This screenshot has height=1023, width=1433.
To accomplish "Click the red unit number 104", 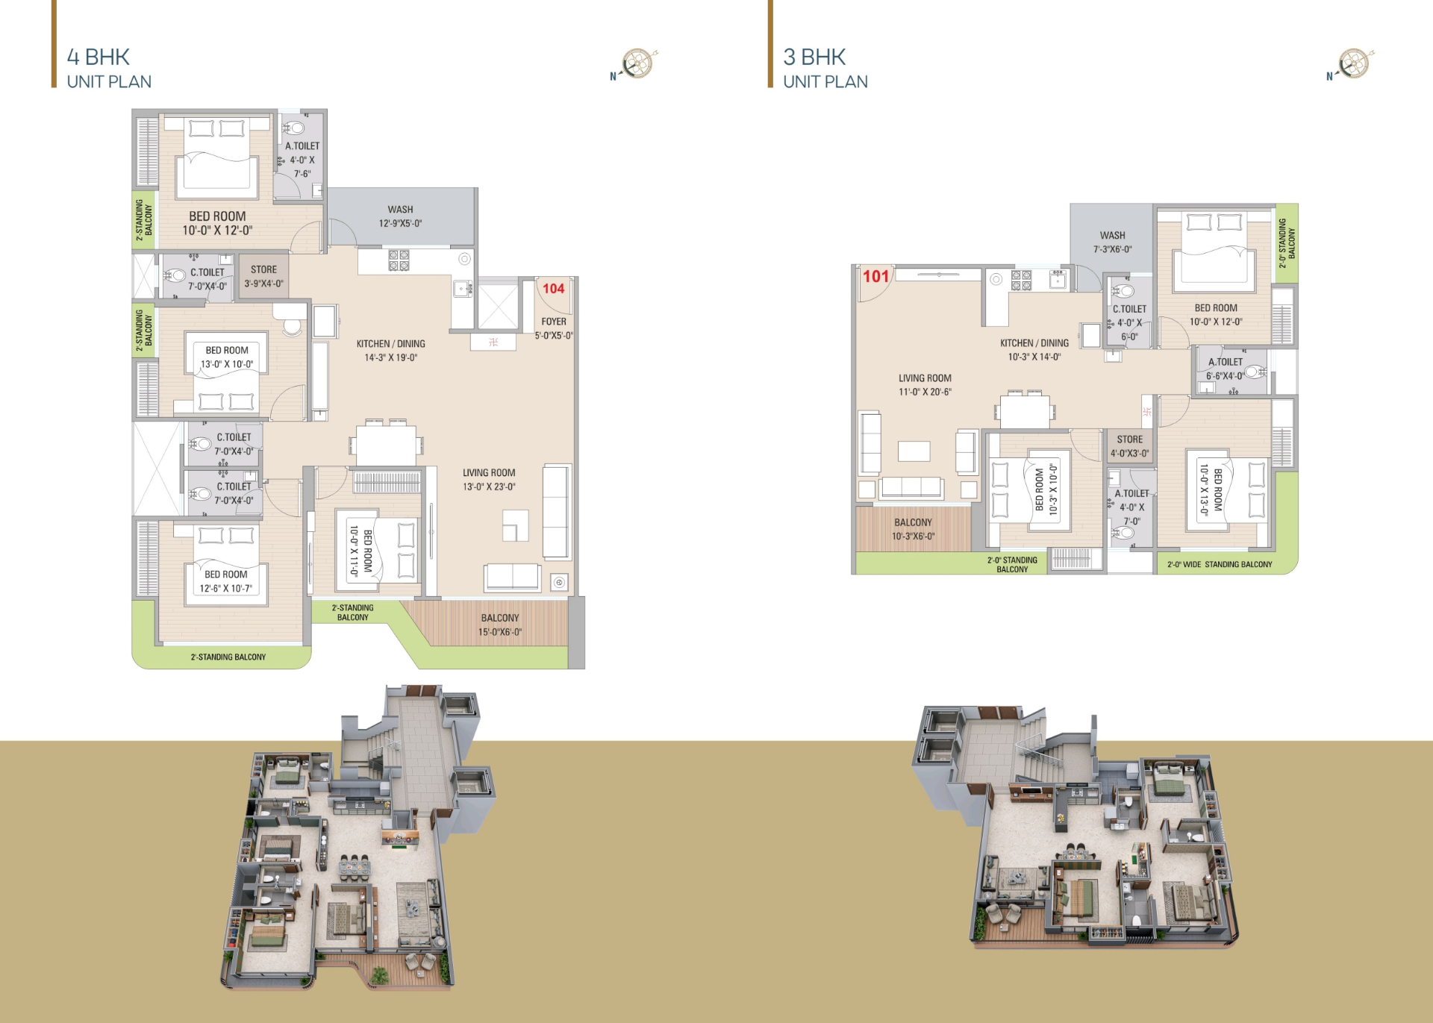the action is (553, 289).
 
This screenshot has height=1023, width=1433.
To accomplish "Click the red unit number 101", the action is (876, 277).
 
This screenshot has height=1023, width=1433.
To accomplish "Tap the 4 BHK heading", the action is (99, 57).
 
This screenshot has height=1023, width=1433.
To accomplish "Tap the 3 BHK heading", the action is (814, 57).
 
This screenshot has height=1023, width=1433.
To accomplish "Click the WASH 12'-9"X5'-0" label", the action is (400, 216).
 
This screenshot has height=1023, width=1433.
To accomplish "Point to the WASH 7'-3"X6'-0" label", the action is (1112, 243).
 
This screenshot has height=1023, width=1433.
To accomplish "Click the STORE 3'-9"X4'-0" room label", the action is (263, 277).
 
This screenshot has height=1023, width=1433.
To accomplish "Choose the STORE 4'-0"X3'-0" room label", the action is (1129, 446).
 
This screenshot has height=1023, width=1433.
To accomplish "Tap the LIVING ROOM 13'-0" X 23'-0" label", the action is (489, 480).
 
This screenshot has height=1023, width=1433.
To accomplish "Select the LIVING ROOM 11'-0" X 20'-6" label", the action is (925, 385).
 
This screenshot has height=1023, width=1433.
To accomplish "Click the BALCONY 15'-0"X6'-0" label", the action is (500, 625).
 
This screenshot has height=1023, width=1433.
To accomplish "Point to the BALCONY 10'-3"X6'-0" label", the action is (913, 529).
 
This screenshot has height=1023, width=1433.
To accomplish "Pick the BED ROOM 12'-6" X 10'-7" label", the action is (225, 581).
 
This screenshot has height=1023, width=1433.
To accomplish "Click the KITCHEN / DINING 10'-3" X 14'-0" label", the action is (1034, 350).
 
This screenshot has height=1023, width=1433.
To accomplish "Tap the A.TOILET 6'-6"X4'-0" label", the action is (1225, 369).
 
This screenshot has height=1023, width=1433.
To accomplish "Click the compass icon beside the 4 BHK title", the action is (636, 64).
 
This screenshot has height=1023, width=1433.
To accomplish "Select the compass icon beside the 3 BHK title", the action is (1352, 64).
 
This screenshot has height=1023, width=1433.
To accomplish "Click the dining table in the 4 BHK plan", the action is (386, 445).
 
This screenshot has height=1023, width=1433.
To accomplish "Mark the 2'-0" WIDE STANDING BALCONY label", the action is (1220, 565).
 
